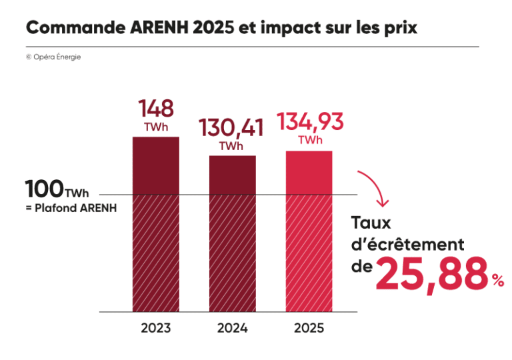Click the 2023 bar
(x=156, y=224)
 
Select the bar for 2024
(x=233, y=233)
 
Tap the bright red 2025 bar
(x=309, y=231)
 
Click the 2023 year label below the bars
(x=156, y=329)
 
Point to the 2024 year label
(x=233, y=329)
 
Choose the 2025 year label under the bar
(x=309, y=329)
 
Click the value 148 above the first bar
(x=156, y=109)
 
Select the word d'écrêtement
(x=407, y=245)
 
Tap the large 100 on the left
(x=44, y=189)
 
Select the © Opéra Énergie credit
(x=53, y=57)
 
